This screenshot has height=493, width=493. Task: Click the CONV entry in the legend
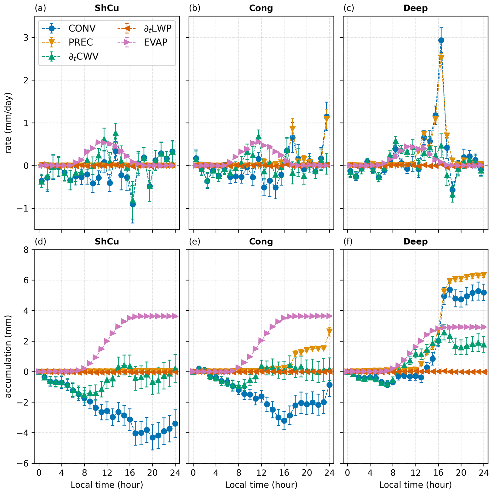coord(82,28)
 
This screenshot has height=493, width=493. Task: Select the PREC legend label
coord(81,42)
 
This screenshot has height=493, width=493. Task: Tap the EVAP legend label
coord(156,42)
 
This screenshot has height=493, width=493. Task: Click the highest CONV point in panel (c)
coord(441,40)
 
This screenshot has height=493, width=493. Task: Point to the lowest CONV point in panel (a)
coord(133,204)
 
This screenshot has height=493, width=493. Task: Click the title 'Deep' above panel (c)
coord(415,8)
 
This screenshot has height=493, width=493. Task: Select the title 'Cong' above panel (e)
coord(261,241)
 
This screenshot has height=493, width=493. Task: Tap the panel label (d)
coord(40,241)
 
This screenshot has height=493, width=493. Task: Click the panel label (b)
coord(195,8)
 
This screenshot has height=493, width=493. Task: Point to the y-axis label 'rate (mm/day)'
coord(8,123)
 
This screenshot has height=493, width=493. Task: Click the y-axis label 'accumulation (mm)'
coord(8,356)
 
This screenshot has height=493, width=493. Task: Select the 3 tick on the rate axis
coord(26,37)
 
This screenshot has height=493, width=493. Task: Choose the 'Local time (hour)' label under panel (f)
coord(415,485)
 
